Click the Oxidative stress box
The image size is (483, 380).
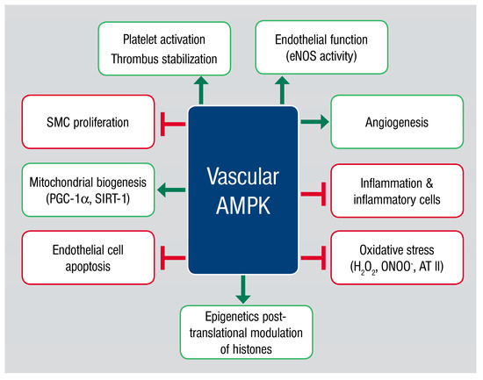pos(396,256)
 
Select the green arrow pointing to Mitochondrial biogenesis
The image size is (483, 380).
pos(173,186)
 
